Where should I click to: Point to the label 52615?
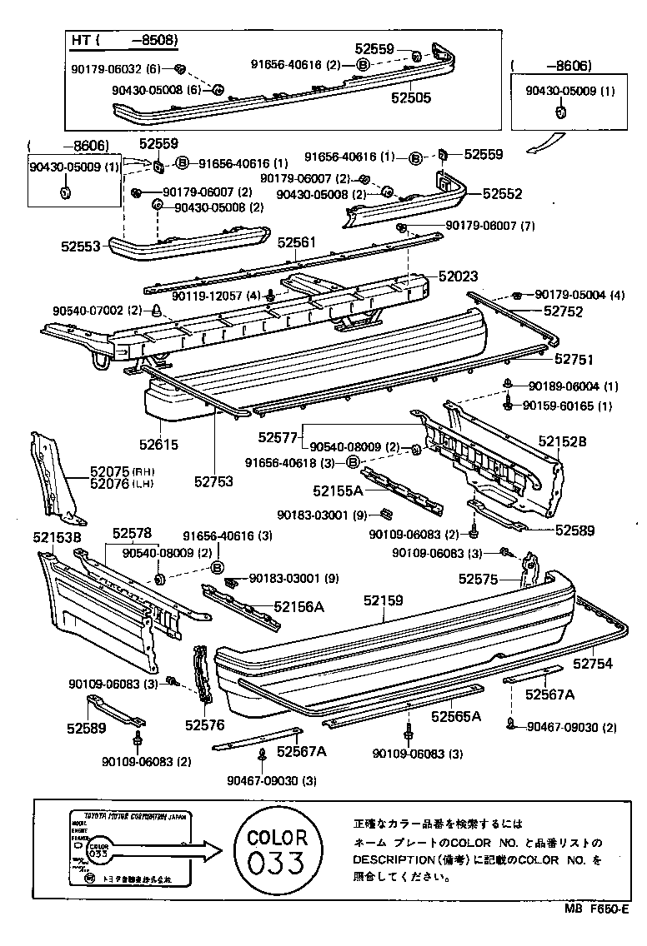(x=158, y=446)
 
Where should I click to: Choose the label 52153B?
(x=57, y=538)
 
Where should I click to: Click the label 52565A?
(x=456, y=715)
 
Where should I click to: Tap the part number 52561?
(x=297, y=241)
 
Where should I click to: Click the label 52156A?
(x=298, y=607)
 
